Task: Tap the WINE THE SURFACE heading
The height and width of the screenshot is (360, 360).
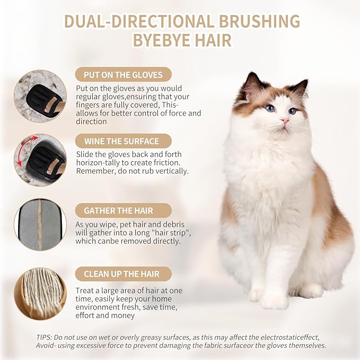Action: [121, 141]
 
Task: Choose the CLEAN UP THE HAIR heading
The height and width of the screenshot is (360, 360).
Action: [121, 274]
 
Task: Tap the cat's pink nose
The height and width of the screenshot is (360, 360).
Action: [285, 121]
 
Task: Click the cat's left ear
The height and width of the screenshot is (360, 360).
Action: [251, 85]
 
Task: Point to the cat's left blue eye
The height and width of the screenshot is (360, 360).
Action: [270, 108]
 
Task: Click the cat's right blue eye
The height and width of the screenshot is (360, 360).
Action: [292, 111]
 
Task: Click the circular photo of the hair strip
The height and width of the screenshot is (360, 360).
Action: [40, 224]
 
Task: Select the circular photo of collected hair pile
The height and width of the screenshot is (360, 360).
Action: [40, 292]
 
